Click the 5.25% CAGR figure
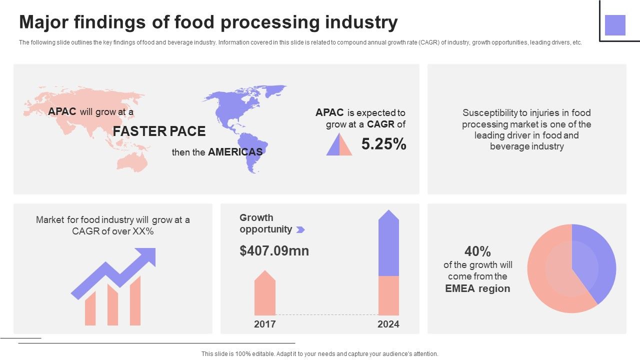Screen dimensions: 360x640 point(383,144)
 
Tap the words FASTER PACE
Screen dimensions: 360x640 point(159,131)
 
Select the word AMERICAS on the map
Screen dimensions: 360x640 point(235,152)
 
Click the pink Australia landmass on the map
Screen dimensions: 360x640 point(131,161)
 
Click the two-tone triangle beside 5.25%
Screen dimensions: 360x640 point(339,145)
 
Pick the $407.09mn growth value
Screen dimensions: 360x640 point(274,250)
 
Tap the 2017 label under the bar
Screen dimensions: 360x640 point(264,324)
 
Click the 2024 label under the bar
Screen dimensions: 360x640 point(388,324)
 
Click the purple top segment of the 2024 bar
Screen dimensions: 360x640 point(388,245)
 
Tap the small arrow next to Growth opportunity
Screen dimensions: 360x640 point(300,229)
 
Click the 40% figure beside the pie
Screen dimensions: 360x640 point(477,251)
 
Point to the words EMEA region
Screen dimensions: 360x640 point(477,288)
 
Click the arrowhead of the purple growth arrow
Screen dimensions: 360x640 point(146,256)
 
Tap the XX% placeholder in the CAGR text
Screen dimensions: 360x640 point(143,231)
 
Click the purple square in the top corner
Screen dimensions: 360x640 point(615,25)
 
